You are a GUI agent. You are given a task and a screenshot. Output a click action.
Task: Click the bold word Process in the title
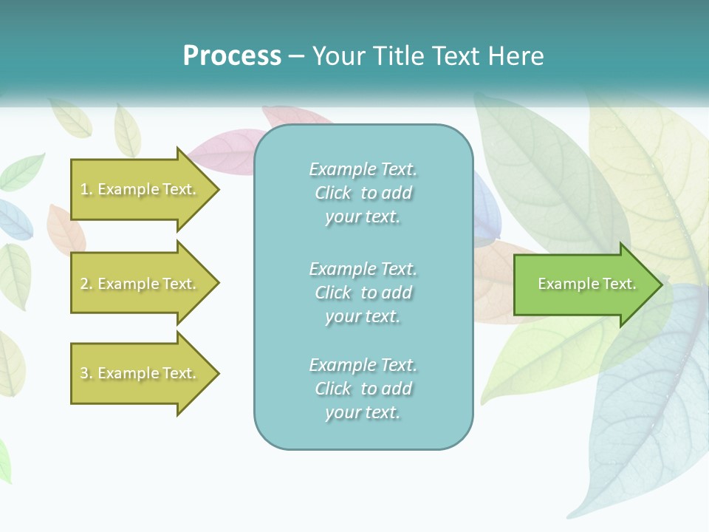232,56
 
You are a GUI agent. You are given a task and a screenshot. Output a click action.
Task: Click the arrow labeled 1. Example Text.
140,189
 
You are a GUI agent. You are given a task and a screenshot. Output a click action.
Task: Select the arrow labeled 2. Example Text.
140,284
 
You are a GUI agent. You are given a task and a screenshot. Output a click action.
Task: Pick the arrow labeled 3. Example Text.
140,373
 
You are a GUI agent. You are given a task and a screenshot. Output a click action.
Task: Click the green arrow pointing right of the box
583,284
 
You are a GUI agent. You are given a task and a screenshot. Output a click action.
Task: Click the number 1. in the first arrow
86,190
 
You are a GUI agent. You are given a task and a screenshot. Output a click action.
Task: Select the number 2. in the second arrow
86,284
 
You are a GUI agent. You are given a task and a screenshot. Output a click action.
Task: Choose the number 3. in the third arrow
86,374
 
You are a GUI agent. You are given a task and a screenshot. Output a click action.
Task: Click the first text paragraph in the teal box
363,193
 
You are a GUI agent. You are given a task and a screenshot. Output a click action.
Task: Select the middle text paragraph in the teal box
363,293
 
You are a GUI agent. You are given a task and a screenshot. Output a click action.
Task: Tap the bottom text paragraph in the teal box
363,389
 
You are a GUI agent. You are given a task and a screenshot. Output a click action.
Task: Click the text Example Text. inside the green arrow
586,284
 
